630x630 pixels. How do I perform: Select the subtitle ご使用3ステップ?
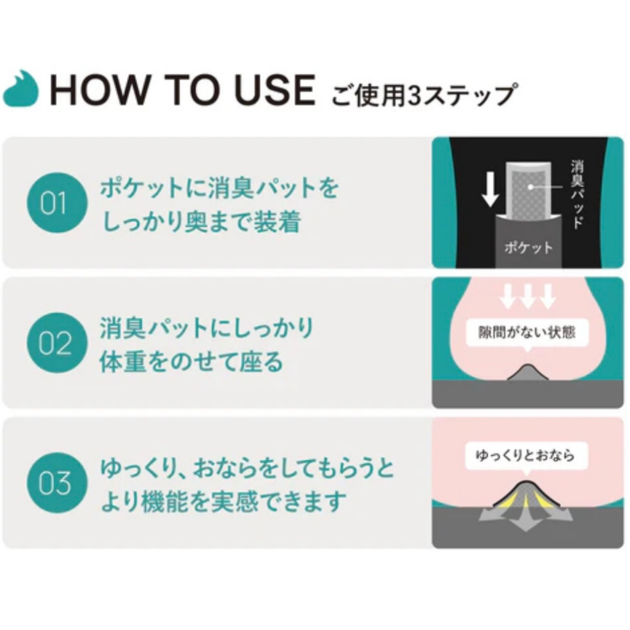coord(425,95)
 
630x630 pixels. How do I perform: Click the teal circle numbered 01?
coord(57,203)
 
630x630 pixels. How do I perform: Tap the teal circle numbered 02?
coord(57,343)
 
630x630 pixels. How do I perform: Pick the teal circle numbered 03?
coord(57,483)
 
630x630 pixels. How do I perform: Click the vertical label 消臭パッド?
coord(577,194)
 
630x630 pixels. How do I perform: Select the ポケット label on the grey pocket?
coord(529,247)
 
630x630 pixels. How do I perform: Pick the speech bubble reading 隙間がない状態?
coord(527,333)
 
